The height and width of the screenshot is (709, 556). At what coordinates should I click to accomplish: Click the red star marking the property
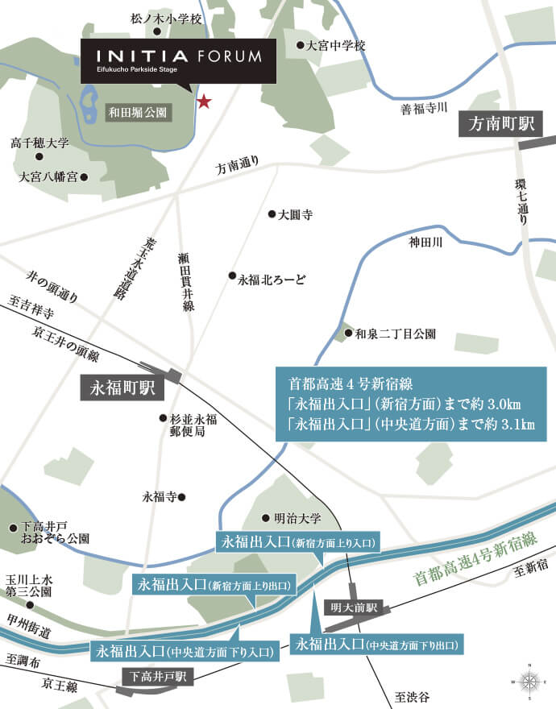204,102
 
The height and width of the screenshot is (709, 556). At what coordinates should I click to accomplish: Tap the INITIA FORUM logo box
179,60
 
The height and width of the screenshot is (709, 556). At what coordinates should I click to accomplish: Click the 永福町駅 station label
122,390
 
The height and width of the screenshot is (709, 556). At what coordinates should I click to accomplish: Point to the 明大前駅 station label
355,608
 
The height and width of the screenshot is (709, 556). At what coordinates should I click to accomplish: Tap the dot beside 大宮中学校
299,46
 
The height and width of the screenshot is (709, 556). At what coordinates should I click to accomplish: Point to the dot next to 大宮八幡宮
83,176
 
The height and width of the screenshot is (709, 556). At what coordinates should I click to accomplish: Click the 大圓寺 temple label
295,215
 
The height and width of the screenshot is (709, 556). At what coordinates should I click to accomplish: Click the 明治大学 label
298,518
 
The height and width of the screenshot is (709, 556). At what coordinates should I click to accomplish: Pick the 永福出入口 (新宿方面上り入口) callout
298,543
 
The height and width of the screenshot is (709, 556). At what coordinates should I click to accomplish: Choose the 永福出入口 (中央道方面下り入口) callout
185,650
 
